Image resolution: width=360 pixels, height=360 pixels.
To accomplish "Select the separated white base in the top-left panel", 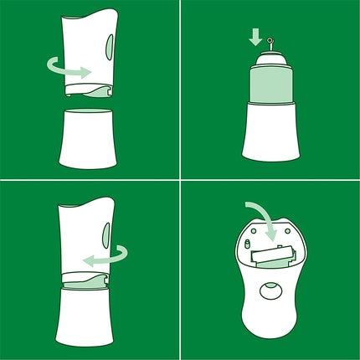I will tap(88, 138).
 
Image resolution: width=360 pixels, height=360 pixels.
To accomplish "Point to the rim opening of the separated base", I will tap(88, 110).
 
